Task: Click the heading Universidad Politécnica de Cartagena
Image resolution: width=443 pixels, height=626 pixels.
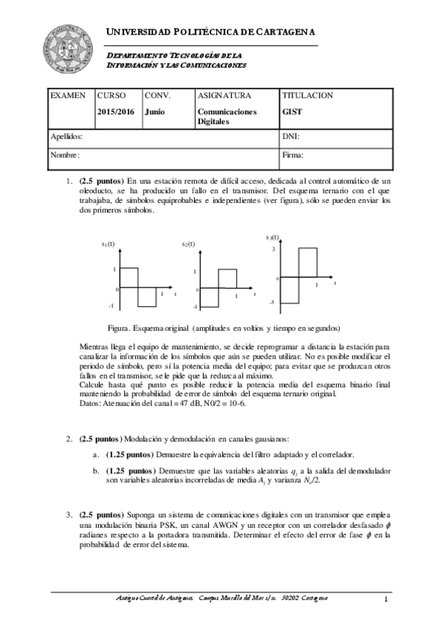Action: tap(211, 32)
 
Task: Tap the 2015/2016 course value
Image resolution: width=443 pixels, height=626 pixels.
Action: tap(116, 112)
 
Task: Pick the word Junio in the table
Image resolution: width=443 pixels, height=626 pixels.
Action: tap(155, 112)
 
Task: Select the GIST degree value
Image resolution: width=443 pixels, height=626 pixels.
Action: tap(292, 112)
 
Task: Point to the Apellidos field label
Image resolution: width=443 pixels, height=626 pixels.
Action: tap(66, 137)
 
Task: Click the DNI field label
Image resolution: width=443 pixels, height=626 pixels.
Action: tap(291, 137)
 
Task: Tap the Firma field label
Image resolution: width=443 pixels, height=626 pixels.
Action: tap(293, 155)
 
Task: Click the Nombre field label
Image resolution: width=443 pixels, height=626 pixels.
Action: tap(65, 155)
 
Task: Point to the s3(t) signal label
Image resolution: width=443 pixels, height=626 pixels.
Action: tap(272, 237)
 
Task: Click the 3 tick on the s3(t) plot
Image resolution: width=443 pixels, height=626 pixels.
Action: tap(272, 250)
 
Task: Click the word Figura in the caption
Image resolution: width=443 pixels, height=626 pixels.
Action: tap(121, 328)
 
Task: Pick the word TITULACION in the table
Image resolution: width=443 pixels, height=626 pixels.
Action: tap(308, 96)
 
